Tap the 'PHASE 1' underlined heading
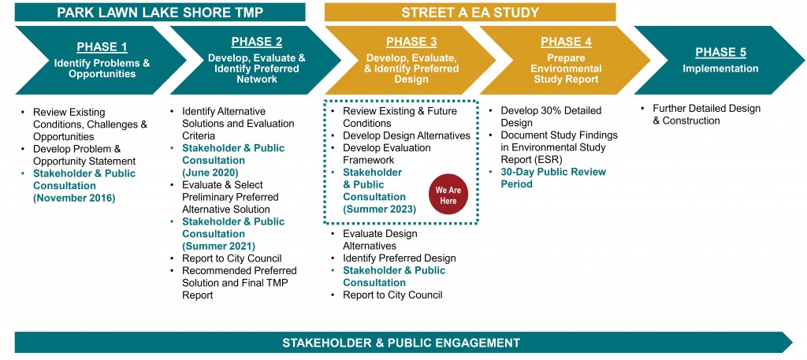coord(102,47)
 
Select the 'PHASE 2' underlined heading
coord(257,42)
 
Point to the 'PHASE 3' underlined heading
coord(411,42)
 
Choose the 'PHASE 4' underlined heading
coord(566,42)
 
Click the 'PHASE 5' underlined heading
coord(720,52)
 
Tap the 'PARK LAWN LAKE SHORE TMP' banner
coord(160,12)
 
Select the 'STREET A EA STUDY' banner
coord(470,12)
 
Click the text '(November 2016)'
coord(74,198)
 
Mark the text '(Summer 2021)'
coord(219,246)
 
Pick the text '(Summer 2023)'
coord(380,209)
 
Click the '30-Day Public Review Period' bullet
coord(553,178)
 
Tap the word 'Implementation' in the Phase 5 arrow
coord(720,69)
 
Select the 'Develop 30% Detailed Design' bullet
coord(551,117)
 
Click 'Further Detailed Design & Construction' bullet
coord(707,115)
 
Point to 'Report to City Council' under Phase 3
coord(392,295)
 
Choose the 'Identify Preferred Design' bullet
coord(400,258)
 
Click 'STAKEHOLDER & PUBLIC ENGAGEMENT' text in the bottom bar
coord(401,343)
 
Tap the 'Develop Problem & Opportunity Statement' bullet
coord(84,155)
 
